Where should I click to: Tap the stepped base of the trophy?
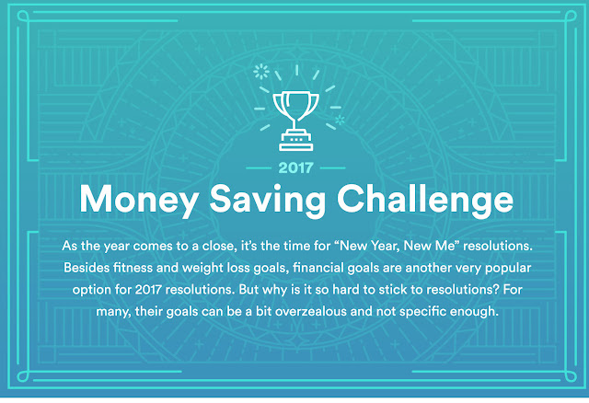pyautogui.click(x=296, y=140)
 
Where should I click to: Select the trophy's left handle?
pyautogui.click(x=277, y=103)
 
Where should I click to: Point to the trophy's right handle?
pyautogui.click(x=315, y=103)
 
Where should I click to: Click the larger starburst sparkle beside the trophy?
pyautogui.click(x=261, y=71)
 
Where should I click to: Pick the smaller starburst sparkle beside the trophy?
pyautogui.click(x=340, y=120)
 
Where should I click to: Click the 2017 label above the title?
pyautogui.click(x=296, y=167)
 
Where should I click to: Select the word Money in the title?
pyautogui.click(x=139, y=200)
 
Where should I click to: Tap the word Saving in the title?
pyautogui.click(x=267, y=200)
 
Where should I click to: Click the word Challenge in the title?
pyautogui.click(x=425, y=199)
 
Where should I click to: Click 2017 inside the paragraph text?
pyautogui.click(x=148, y=290)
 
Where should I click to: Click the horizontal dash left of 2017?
pyautogui.click(x=259, y=167)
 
